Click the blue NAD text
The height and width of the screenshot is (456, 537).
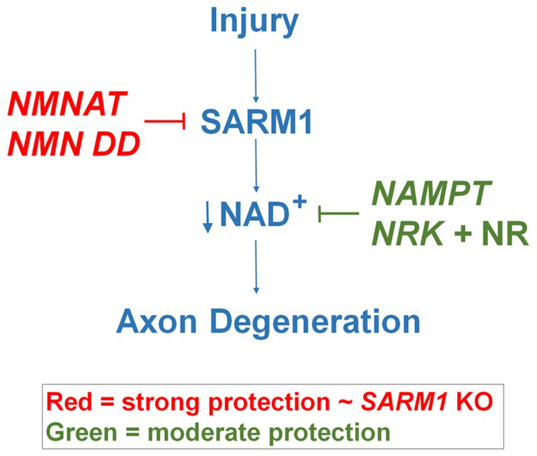pos(249,216)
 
